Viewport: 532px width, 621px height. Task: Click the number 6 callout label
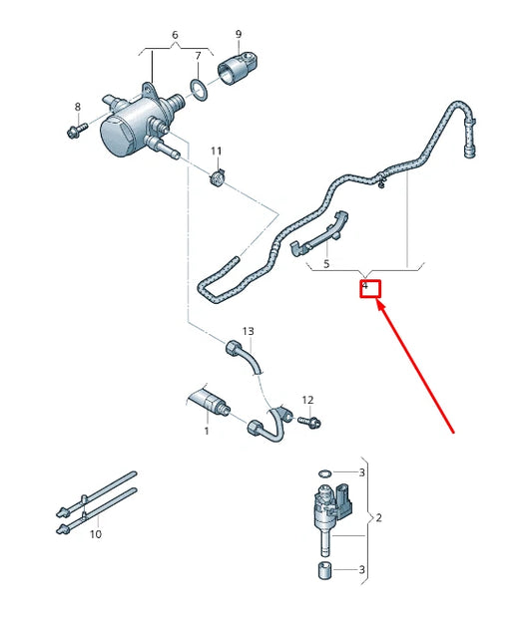pyautogui.click(x=176, y=35)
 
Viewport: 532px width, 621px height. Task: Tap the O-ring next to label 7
pyautogui.click(x=200, y=92)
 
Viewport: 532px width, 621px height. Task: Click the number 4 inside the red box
pyautogui.click(x=365, y=287)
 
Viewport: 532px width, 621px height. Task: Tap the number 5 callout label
pyautogui.click(x=324, y=264)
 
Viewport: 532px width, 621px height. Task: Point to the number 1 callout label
pyautogui.click(x=207, y=431)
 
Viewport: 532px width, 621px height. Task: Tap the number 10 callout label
pyautogui.click(x=96, y=534)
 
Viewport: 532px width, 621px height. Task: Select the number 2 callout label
pyautogui.click(x=377, y=518)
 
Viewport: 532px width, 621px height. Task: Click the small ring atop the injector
pyautogui.click(x=320, y=472)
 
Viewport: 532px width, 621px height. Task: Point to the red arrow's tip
pyautogui.click(x=377, y=302)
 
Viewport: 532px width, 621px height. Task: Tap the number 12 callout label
pyautogui.click(x=307, y=400)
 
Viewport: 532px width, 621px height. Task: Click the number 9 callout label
pyautogui.click(x=239, y=35)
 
